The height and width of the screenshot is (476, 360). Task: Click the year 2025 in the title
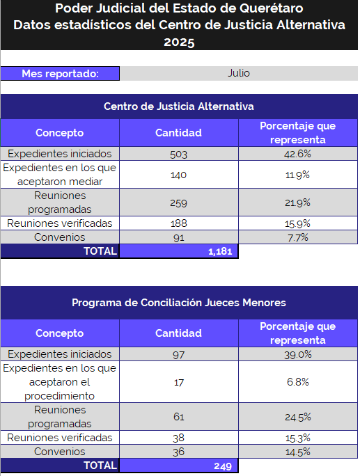click(x=179, y=42)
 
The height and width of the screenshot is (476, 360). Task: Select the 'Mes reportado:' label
click(x=60, y=74)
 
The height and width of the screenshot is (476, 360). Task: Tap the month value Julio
click(x=239, y=73)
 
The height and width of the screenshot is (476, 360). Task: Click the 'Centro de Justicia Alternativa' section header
click(x=179, y=106)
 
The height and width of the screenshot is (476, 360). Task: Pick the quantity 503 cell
click(x=179, y=154)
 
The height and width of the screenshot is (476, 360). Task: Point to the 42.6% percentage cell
click(x=298, y=154)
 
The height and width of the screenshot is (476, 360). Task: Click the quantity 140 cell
click(x=179, y=175)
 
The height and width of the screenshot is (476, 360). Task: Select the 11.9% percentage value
click(x=297, y=175)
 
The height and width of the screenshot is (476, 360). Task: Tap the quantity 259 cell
click(x=179, y=203)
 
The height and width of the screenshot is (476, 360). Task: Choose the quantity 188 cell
click(x=179, y=223)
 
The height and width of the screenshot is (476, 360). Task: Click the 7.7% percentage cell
click(x=298, y=237)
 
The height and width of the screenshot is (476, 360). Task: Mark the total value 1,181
click(x=220, y=251)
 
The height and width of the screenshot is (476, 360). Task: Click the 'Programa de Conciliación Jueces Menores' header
click(x=179, y=303)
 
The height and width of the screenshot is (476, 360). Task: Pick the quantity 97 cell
click(x=179, y=354)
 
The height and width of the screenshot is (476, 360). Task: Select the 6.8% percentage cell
click(x=298, y=382)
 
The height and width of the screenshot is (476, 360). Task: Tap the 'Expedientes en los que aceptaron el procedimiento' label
click(x=60, y=382)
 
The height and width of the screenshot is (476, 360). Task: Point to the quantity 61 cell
click(x=179, y=417)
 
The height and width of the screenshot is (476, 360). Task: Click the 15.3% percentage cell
click(x=298, y=438)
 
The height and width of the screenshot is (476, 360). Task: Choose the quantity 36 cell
click(x=179, y=452)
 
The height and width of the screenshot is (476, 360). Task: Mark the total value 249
click(x=223, y=466)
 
